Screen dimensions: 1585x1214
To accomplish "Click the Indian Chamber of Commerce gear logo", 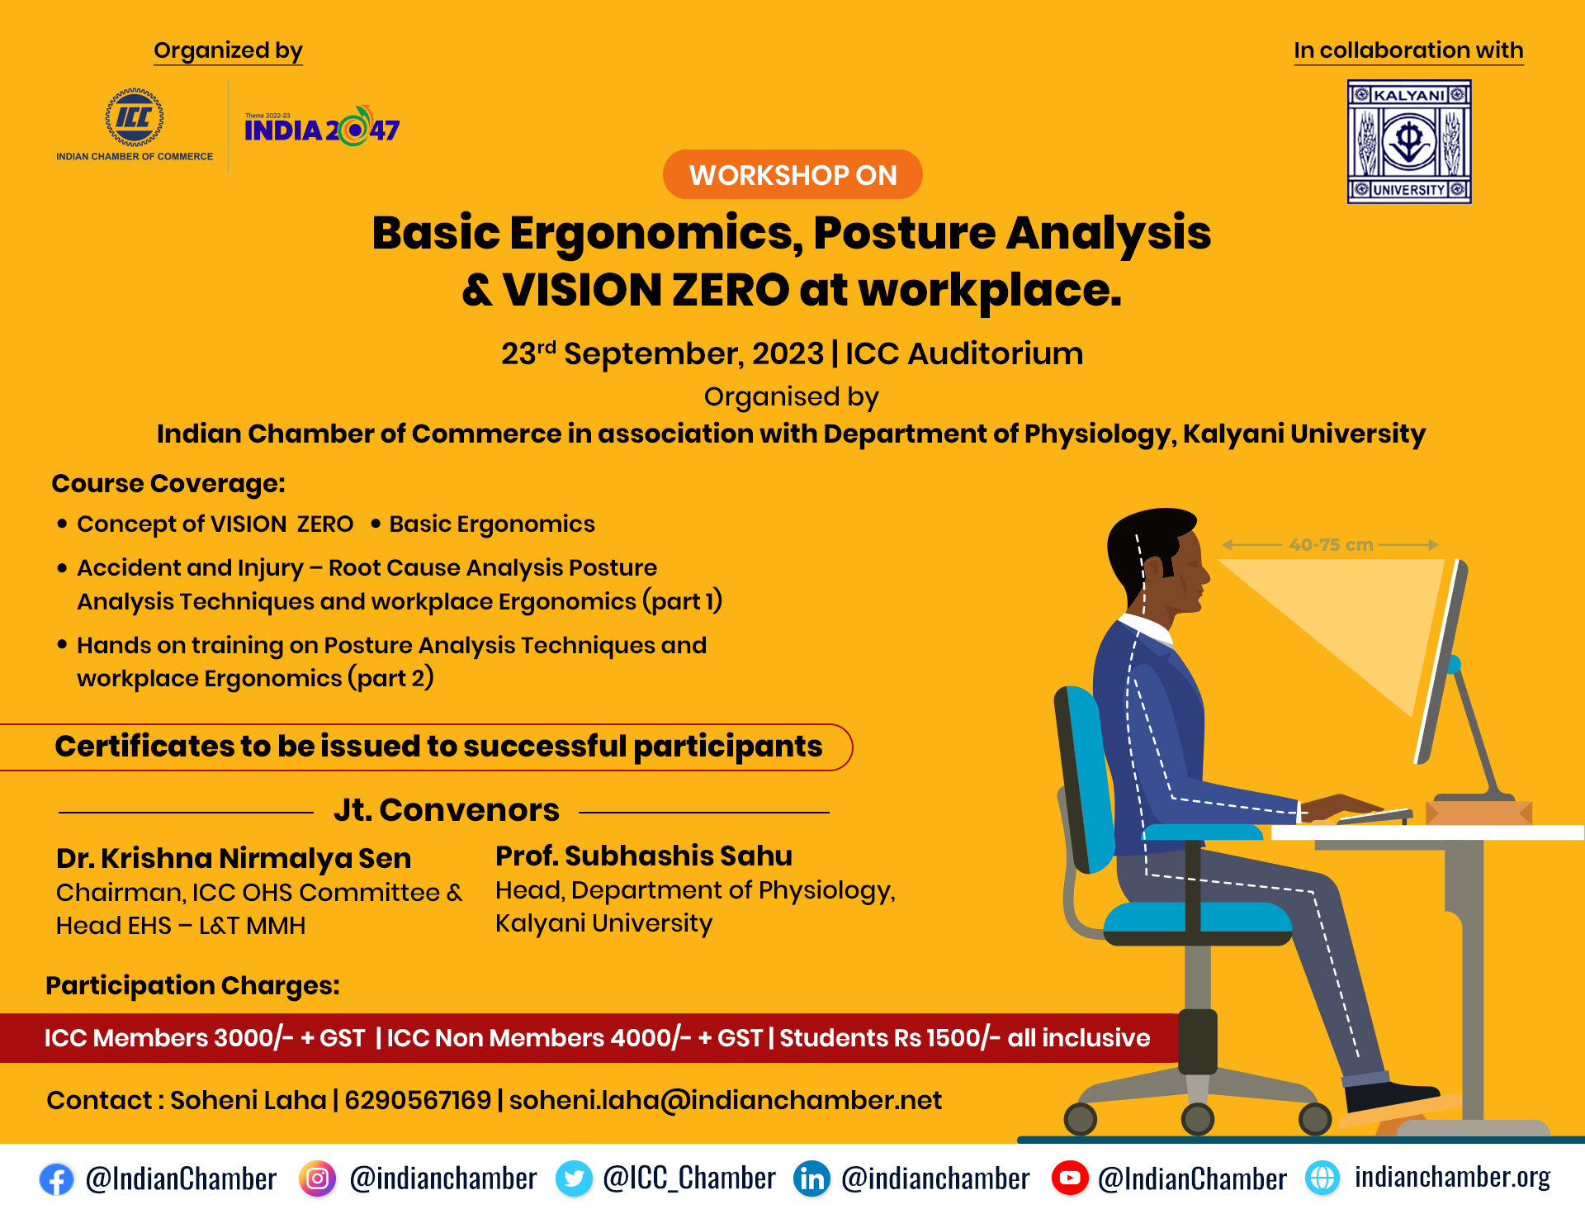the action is point(134,117).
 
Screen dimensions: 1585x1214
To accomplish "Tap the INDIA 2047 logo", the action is point(322,127).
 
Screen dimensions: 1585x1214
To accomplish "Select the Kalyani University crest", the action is point(1409,141).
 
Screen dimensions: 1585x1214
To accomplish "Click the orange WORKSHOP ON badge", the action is point(792,174).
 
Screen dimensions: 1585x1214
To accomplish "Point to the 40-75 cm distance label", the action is point(1331,545).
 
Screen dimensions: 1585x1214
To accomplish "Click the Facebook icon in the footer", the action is point(56,1179).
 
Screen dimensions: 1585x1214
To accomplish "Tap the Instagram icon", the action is point(317,1178).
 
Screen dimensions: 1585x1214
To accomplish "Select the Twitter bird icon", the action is point(574,1178).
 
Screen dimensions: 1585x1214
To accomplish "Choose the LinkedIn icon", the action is point(812,1178).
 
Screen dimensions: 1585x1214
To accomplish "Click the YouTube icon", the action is point(1070,1178).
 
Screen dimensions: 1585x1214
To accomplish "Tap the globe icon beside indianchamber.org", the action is point(1322,1178).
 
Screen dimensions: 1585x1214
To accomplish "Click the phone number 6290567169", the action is point(418,1100).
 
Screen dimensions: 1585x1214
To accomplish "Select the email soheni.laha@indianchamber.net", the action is point(726,1100).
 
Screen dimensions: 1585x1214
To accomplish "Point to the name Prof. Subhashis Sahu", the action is point(644,856).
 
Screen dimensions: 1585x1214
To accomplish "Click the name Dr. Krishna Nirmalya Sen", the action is point(234,859).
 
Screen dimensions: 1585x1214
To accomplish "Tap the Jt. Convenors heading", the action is point(447,810).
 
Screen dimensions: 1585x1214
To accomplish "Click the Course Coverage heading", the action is point(168,483).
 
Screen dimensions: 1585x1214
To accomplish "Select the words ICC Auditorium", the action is point(964,353).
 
